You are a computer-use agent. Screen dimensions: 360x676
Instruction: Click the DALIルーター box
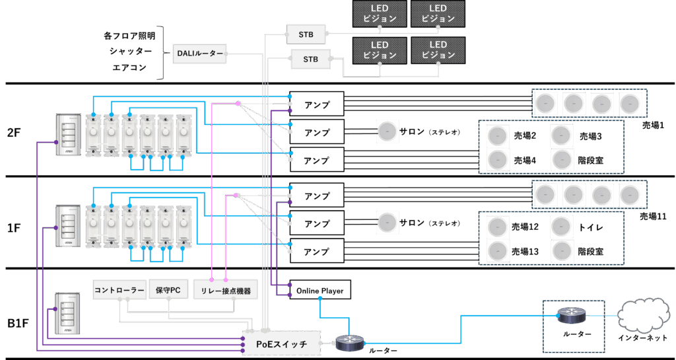click(199, 54)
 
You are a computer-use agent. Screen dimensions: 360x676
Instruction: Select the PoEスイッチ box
click(281, 343)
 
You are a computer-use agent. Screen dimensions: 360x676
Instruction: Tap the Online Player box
click(320, 290)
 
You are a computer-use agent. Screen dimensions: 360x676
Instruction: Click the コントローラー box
click(119, 290)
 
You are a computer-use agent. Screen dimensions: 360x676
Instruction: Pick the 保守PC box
click(169, 290)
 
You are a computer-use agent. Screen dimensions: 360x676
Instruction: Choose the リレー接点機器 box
click(225, 290)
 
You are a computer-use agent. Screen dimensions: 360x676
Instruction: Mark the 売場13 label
click(525, 251)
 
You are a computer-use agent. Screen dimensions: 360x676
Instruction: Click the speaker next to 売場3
click(561, 135)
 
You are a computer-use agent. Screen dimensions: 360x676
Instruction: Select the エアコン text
click(129, 67)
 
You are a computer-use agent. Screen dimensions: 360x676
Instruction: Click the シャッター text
click(129, 51)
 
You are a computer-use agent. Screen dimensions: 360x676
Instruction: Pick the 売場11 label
click(653, 216)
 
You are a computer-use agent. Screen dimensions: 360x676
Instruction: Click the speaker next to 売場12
click(497, 227)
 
